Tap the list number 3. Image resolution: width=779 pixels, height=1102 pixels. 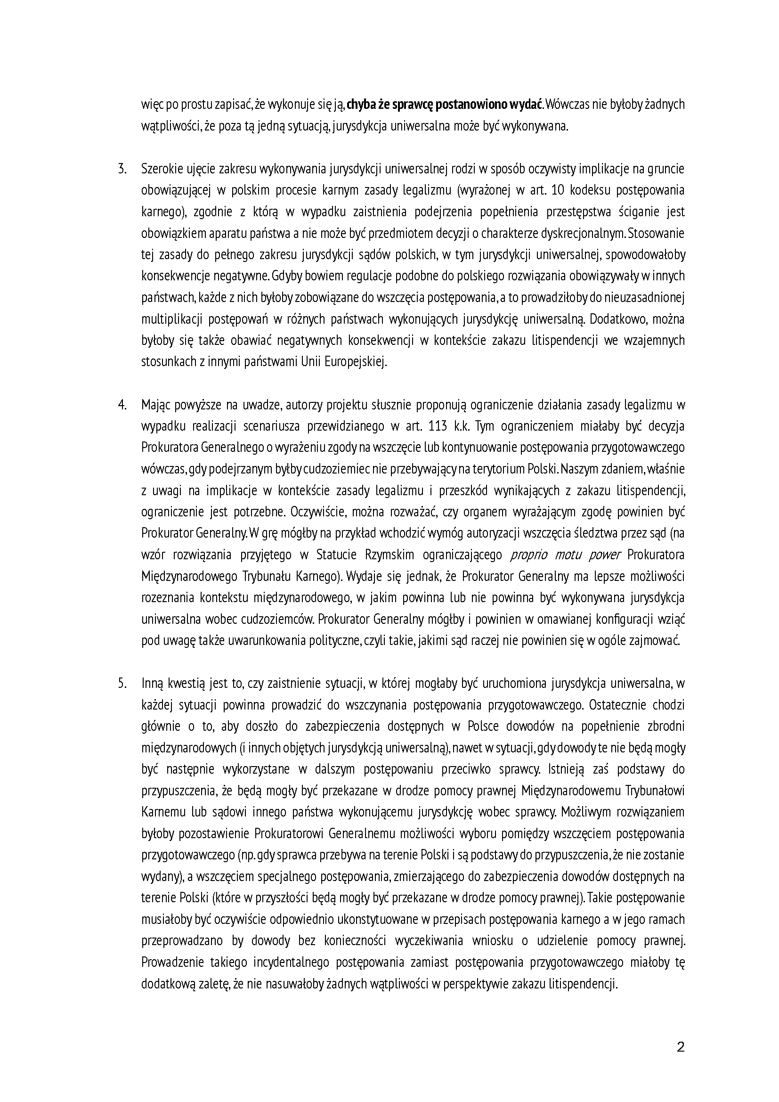coord(122,169)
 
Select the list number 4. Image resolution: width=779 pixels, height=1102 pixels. coord(122,405)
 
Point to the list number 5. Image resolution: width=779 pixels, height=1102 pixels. coord(122,684)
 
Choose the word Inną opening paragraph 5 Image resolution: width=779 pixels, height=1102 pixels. coord(154,684)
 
